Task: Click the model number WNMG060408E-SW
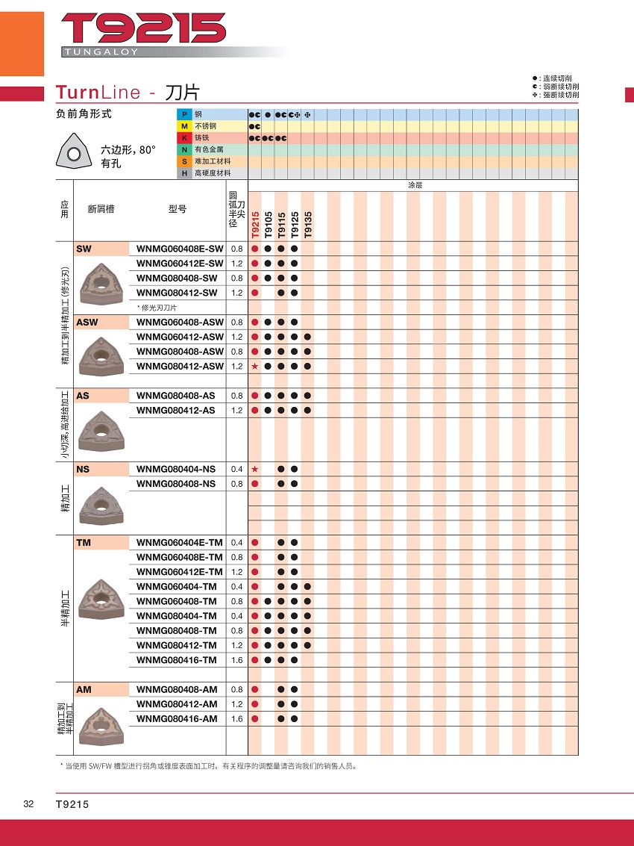180,249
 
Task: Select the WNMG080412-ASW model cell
180,367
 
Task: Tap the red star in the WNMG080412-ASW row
254,367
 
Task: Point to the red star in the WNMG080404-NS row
254,469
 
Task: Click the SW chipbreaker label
84,249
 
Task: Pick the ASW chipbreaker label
87,323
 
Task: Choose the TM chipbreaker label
84,543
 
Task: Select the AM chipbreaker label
84,689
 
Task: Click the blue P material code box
183,114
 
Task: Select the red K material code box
183,138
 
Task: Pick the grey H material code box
183,173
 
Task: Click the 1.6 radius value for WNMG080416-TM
236,660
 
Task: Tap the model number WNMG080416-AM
177,718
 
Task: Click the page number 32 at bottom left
28,804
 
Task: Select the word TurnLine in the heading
98,93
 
